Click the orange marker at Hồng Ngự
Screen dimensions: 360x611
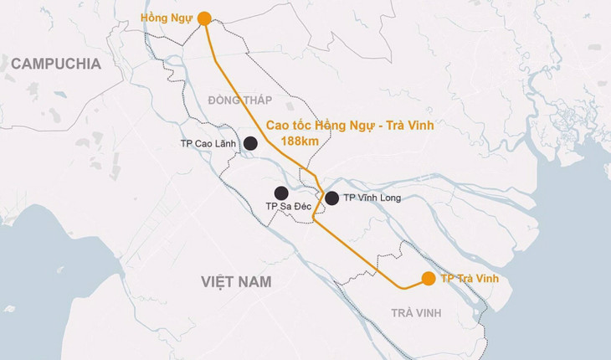(x=204, y=17)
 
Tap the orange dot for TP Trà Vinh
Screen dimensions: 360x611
(x=429, y=279)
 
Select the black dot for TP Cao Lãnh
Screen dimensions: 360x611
(x=250, y=144)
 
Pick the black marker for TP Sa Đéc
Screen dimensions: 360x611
(x=281, y=193)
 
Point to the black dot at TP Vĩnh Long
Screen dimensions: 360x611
(x=331, y=198)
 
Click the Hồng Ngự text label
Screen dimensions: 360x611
(x=167, y=17)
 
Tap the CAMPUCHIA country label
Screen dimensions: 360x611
(x=56, y=64)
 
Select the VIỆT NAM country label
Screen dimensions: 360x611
(x=236, y=282)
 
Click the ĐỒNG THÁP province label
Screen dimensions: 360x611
(x=240, y=100)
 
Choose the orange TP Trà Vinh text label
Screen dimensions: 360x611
(x=475, y=278)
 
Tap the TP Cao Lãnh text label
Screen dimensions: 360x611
(x=208, y=144)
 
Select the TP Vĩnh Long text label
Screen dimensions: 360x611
(x=372, y=198)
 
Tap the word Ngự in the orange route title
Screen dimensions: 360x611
(x=365, y=126)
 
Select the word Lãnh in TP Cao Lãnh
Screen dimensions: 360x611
(x=223, y=144)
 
